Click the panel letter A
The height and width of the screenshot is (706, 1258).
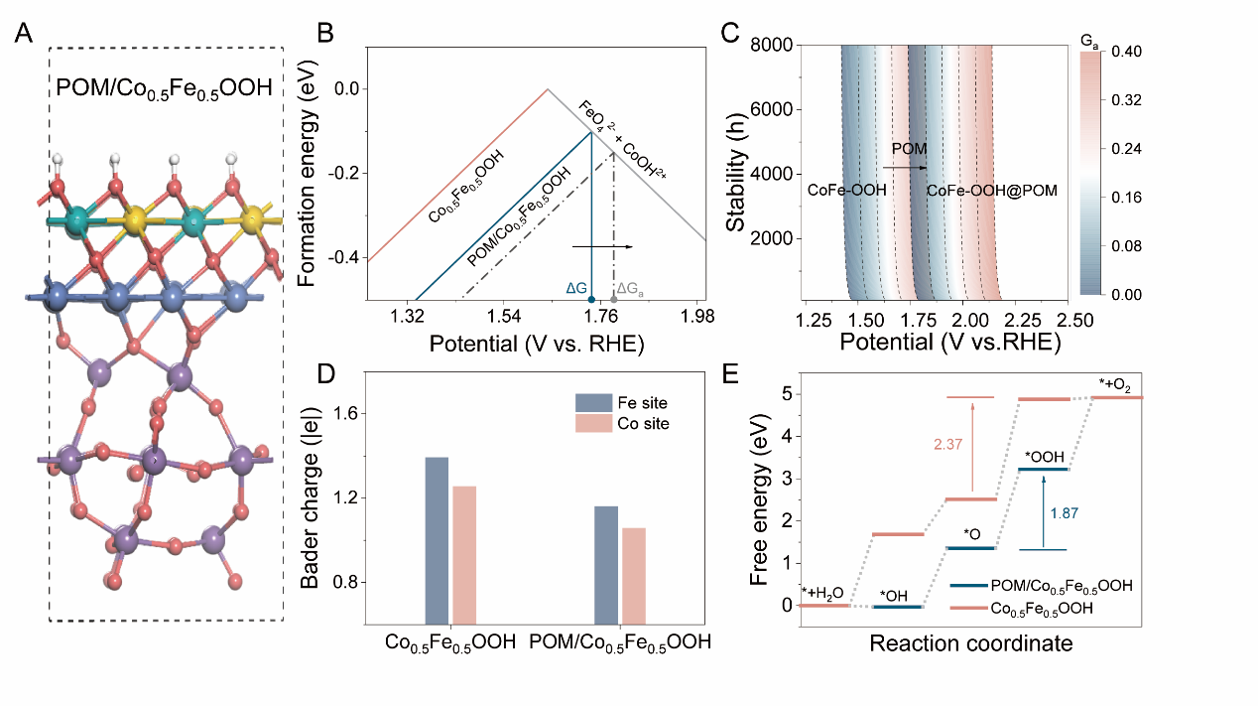click(x=27, y=35)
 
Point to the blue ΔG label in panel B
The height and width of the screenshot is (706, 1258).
click(x=576, y=288)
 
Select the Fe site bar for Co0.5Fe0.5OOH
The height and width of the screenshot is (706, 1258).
click(x=437, y=540)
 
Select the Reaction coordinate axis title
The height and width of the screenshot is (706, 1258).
click(x=970, y=643)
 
